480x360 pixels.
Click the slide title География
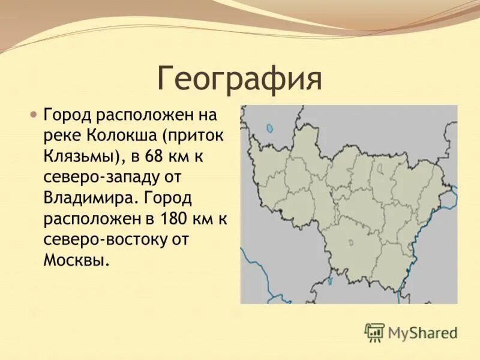pyautogui.click(x=239, y=79)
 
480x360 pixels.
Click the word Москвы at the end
pyautogui.click(x=76, y=260)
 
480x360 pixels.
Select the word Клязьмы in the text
pyautogui.click(x=81, y=157)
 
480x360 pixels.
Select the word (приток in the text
pyautogui.click(x=195, y=136)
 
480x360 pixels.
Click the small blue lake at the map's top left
pyautogui.click(x=270, y=128)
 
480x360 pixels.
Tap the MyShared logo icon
pyautogui.click(x=374, y=332)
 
